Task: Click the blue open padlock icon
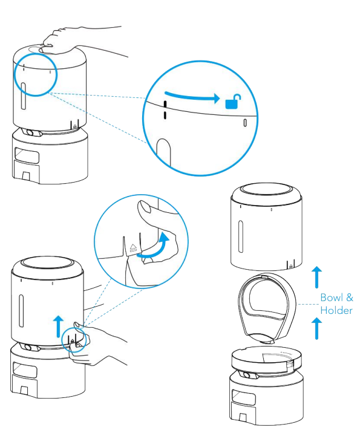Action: (233, 102)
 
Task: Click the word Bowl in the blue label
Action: (332, 298)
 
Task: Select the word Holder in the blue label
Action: (336, 310)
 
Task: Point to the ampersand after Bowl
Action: (350, 298)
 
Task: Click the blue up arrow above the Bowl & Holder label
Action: (316, 277)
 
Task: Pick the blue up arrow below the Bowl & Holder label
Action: (316, 328)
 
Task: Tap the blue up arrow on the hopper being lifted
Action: (58, 327)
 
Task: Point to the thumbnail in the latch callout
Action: (145, 206)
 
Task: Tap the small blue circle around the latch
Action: (74, 340)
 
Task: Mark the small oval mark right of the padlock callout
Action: (245, 123)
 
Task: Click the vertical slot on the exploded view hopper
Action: (241, 236)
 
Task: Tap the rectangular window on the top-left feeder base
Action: (27, 155)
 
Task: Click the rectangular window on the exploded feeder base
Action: (244, 397)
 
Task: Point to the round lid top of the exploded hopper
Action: (266, 190)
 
